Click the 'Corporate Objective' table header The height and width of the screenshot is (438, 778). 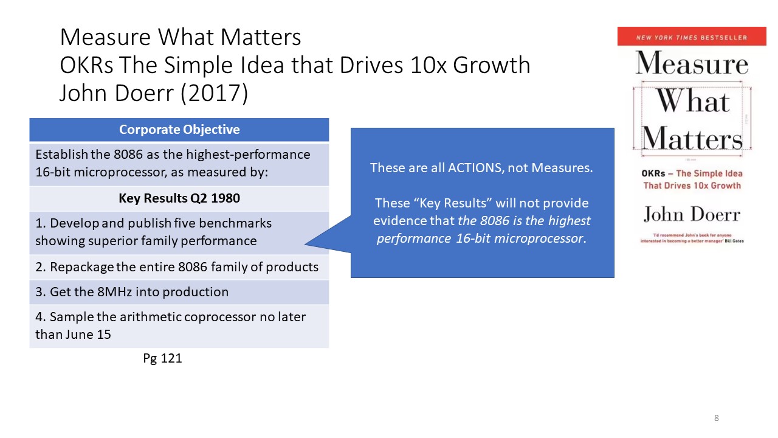[179, 130]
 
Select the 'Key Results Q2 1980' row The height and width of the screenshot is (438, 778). [179, 199]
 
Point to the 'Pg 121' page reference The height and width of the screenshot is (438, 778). [162, 358]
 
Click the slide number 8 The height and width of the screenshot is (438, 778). [717, 418]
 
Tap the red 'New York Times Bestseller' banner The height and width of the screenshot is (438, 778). [692, 37]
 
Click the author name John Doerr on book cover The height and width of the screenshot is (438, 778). [692, 214]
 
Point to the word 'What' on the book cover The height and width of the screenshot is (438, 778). [692, 101]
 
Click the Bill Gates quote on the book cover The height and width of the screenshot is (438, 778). [692, 237]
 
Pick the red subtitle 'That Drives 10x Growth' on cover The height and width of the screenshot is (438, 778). [692, 185]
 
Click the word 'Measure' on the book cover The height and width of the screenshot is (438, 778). [692, 64]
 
